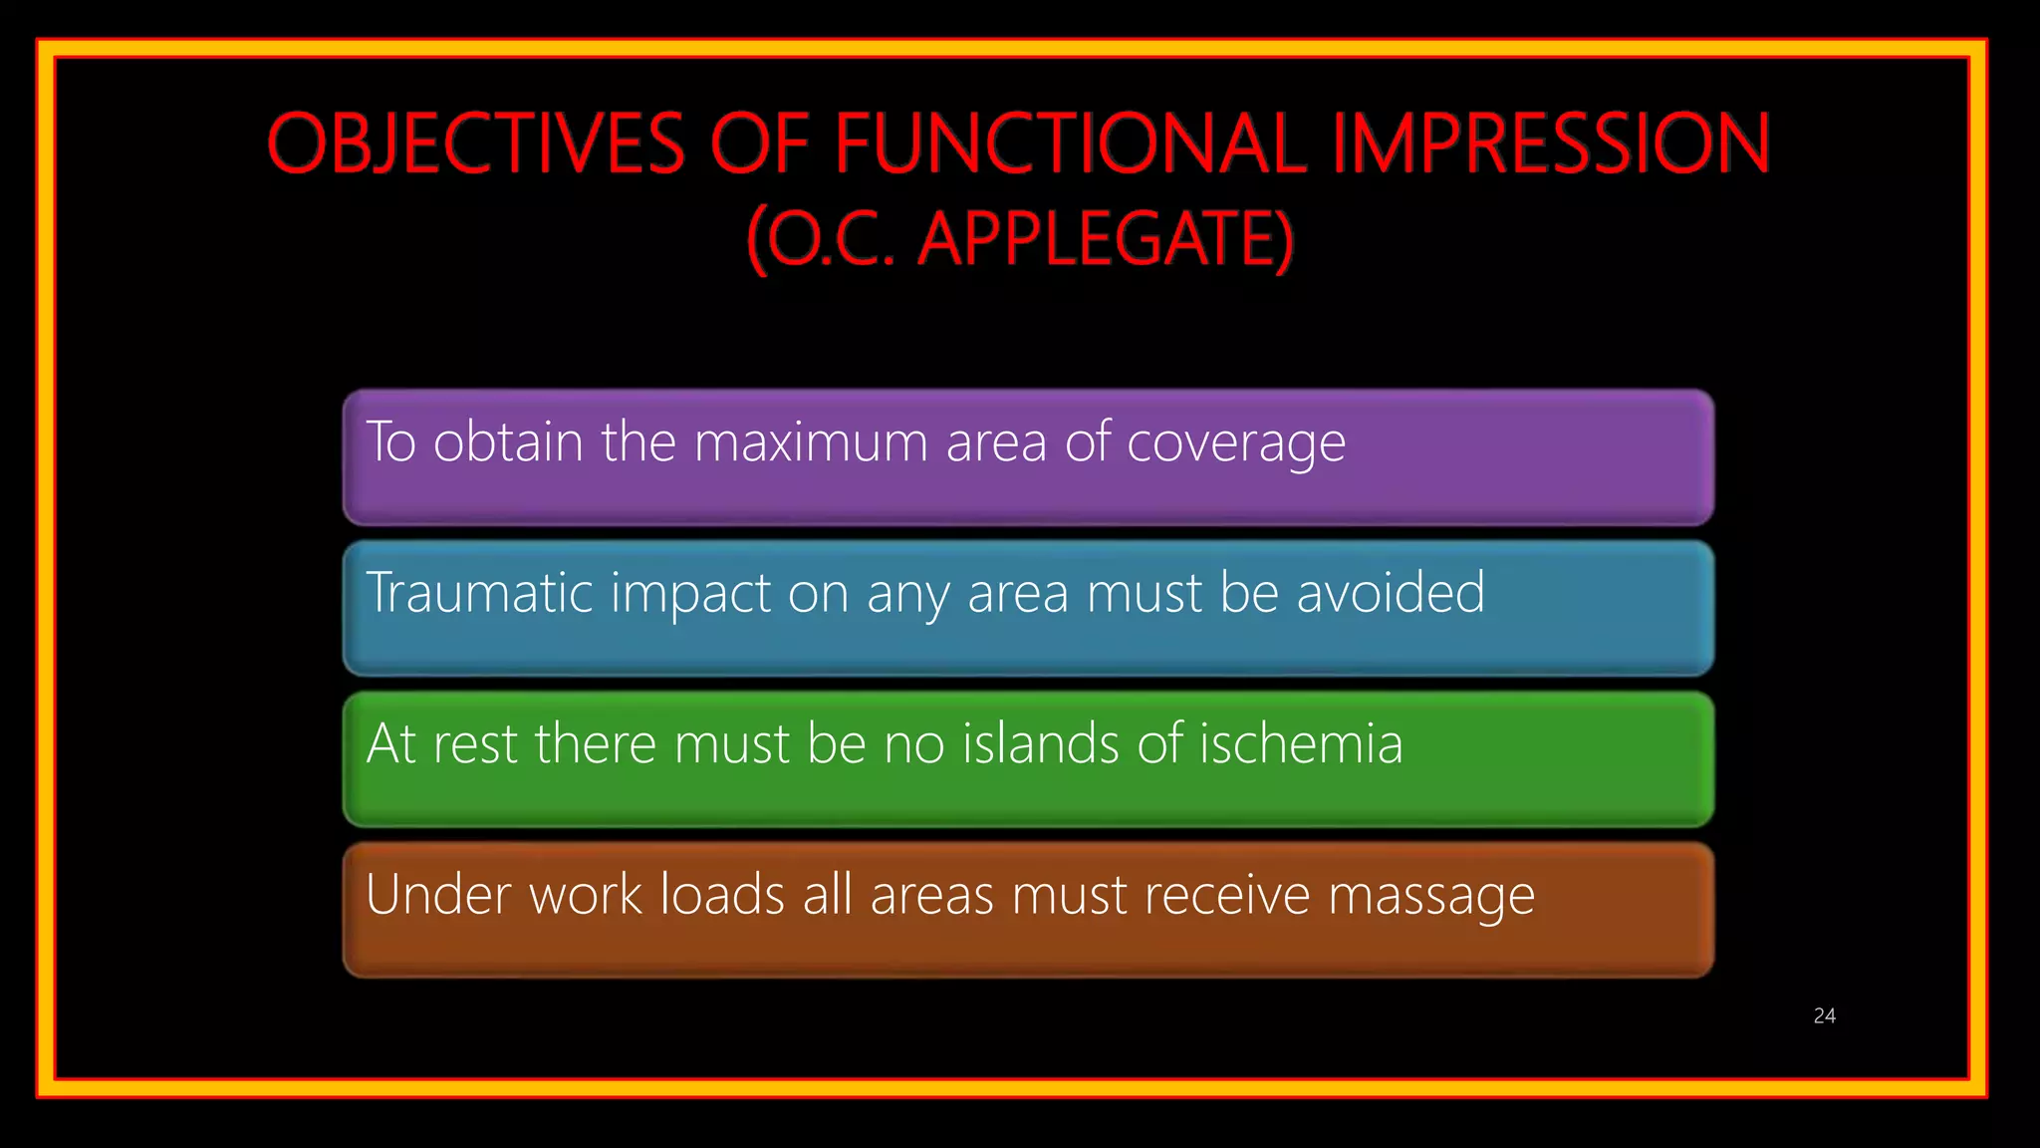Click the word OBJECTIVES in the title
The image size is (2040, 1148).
click(x=476, y=143)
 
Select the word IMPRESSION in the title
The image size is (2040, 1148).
click(x=1550, y=143)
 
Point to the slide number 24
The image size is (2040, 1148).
click(x=1824, y=1015)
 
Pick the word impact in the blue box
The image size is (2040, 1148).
click(x=689, y=595)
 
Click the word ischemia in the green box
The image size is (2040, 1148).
click(x=1300, y=743)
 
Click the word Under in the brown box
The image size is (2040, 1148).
click(x=438, y=894)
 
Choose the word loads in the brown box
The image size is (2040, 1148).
click(x=723, y=894)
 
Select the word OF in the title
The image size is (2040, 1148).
click(x=758, y=143)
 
